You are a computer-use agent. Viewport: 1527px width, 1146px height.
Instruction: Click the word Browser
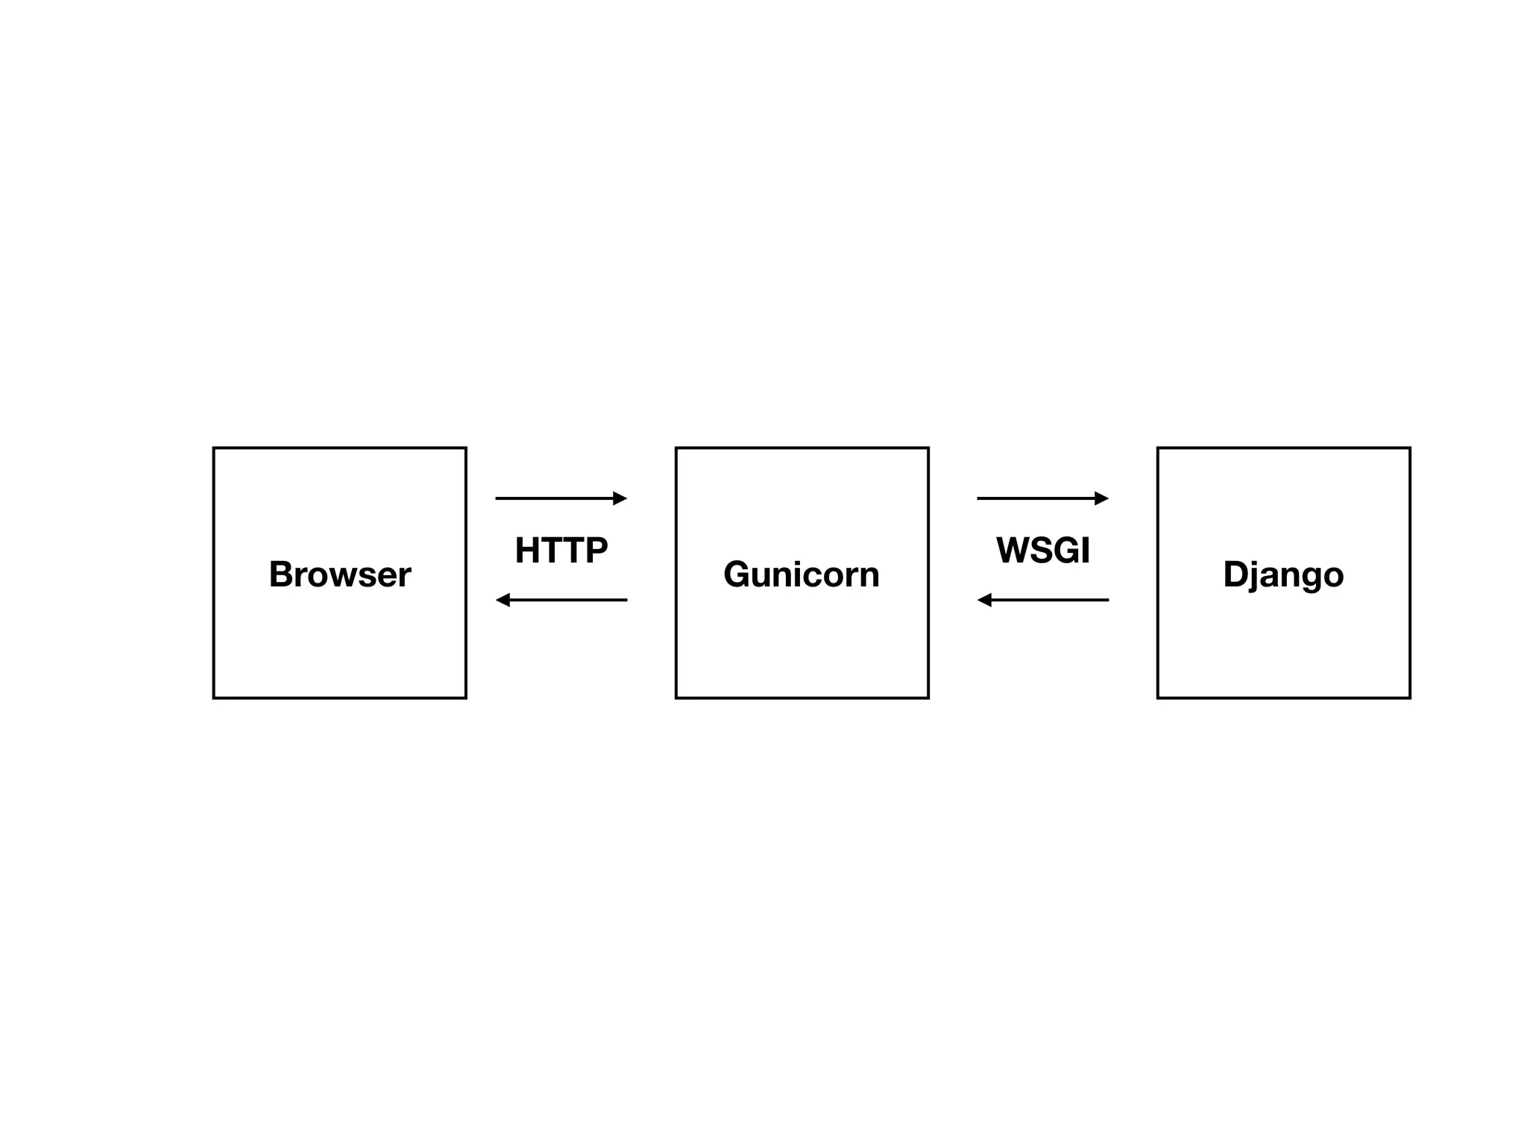click(339, 574)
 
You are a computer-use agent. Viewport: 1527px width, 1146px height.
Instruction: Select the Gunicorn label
click(802, 574)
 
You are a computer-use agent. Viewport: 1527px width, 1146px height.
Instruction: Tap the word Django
click(1283, 574)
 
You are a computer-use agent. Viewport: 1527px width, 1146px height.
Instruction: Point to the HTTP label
click(561, 551)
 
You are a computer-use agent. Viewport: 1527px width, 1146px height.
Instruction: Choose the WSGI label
click(1043, 551)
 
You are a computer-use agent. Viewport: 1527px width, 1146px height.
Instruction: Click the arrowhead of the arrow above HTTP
click(620, 498)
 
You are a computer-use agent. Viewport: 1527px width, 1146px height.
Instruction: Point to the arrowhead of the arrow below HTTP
click(503, 600)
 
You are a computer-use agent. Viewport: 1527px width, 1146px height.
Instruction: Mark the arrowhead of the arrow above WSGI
click(1102, 498)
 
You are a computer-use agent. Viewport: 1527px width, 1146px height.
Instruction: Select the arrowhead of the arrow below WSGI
click(984, 600)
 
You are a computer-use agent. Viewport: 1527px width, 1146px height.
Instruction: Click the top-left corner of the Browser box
click(214, 448)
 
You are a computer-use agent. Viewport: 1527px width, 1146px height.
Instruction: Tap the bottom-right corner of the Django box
click(1410, 698)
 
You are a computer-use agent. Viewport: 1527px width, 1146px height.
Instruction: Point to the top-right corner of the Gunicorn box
click(928, 448)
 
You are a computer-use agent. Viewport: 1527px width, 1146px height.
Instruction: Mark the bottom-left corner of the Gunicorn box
click(676, 698)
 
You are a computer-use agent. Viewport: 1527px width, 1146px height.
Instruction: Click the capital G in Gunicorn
click(737, 574)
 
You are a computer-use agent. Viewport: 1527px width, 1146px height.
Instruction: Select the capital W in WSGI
click(1013, 551)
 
